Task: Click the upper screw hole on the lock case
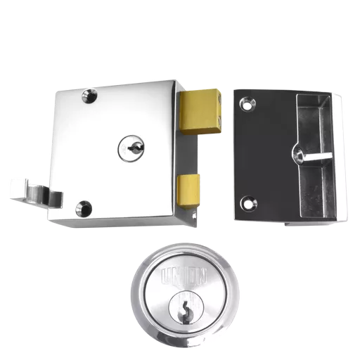[89, 96]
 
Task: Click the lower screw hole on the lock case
[84, 208]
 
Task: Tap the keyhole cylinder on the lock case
[131, 148]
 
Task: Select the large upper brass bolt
[200, 112]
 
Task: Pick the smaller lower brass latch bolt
[188, 191]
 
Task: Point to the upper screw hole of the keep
[247, 104]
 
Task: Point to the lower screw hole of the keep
[248, 204]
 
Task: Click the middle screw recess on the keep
[298, 154]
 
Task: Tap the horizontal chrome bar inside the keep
[317, 156]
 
